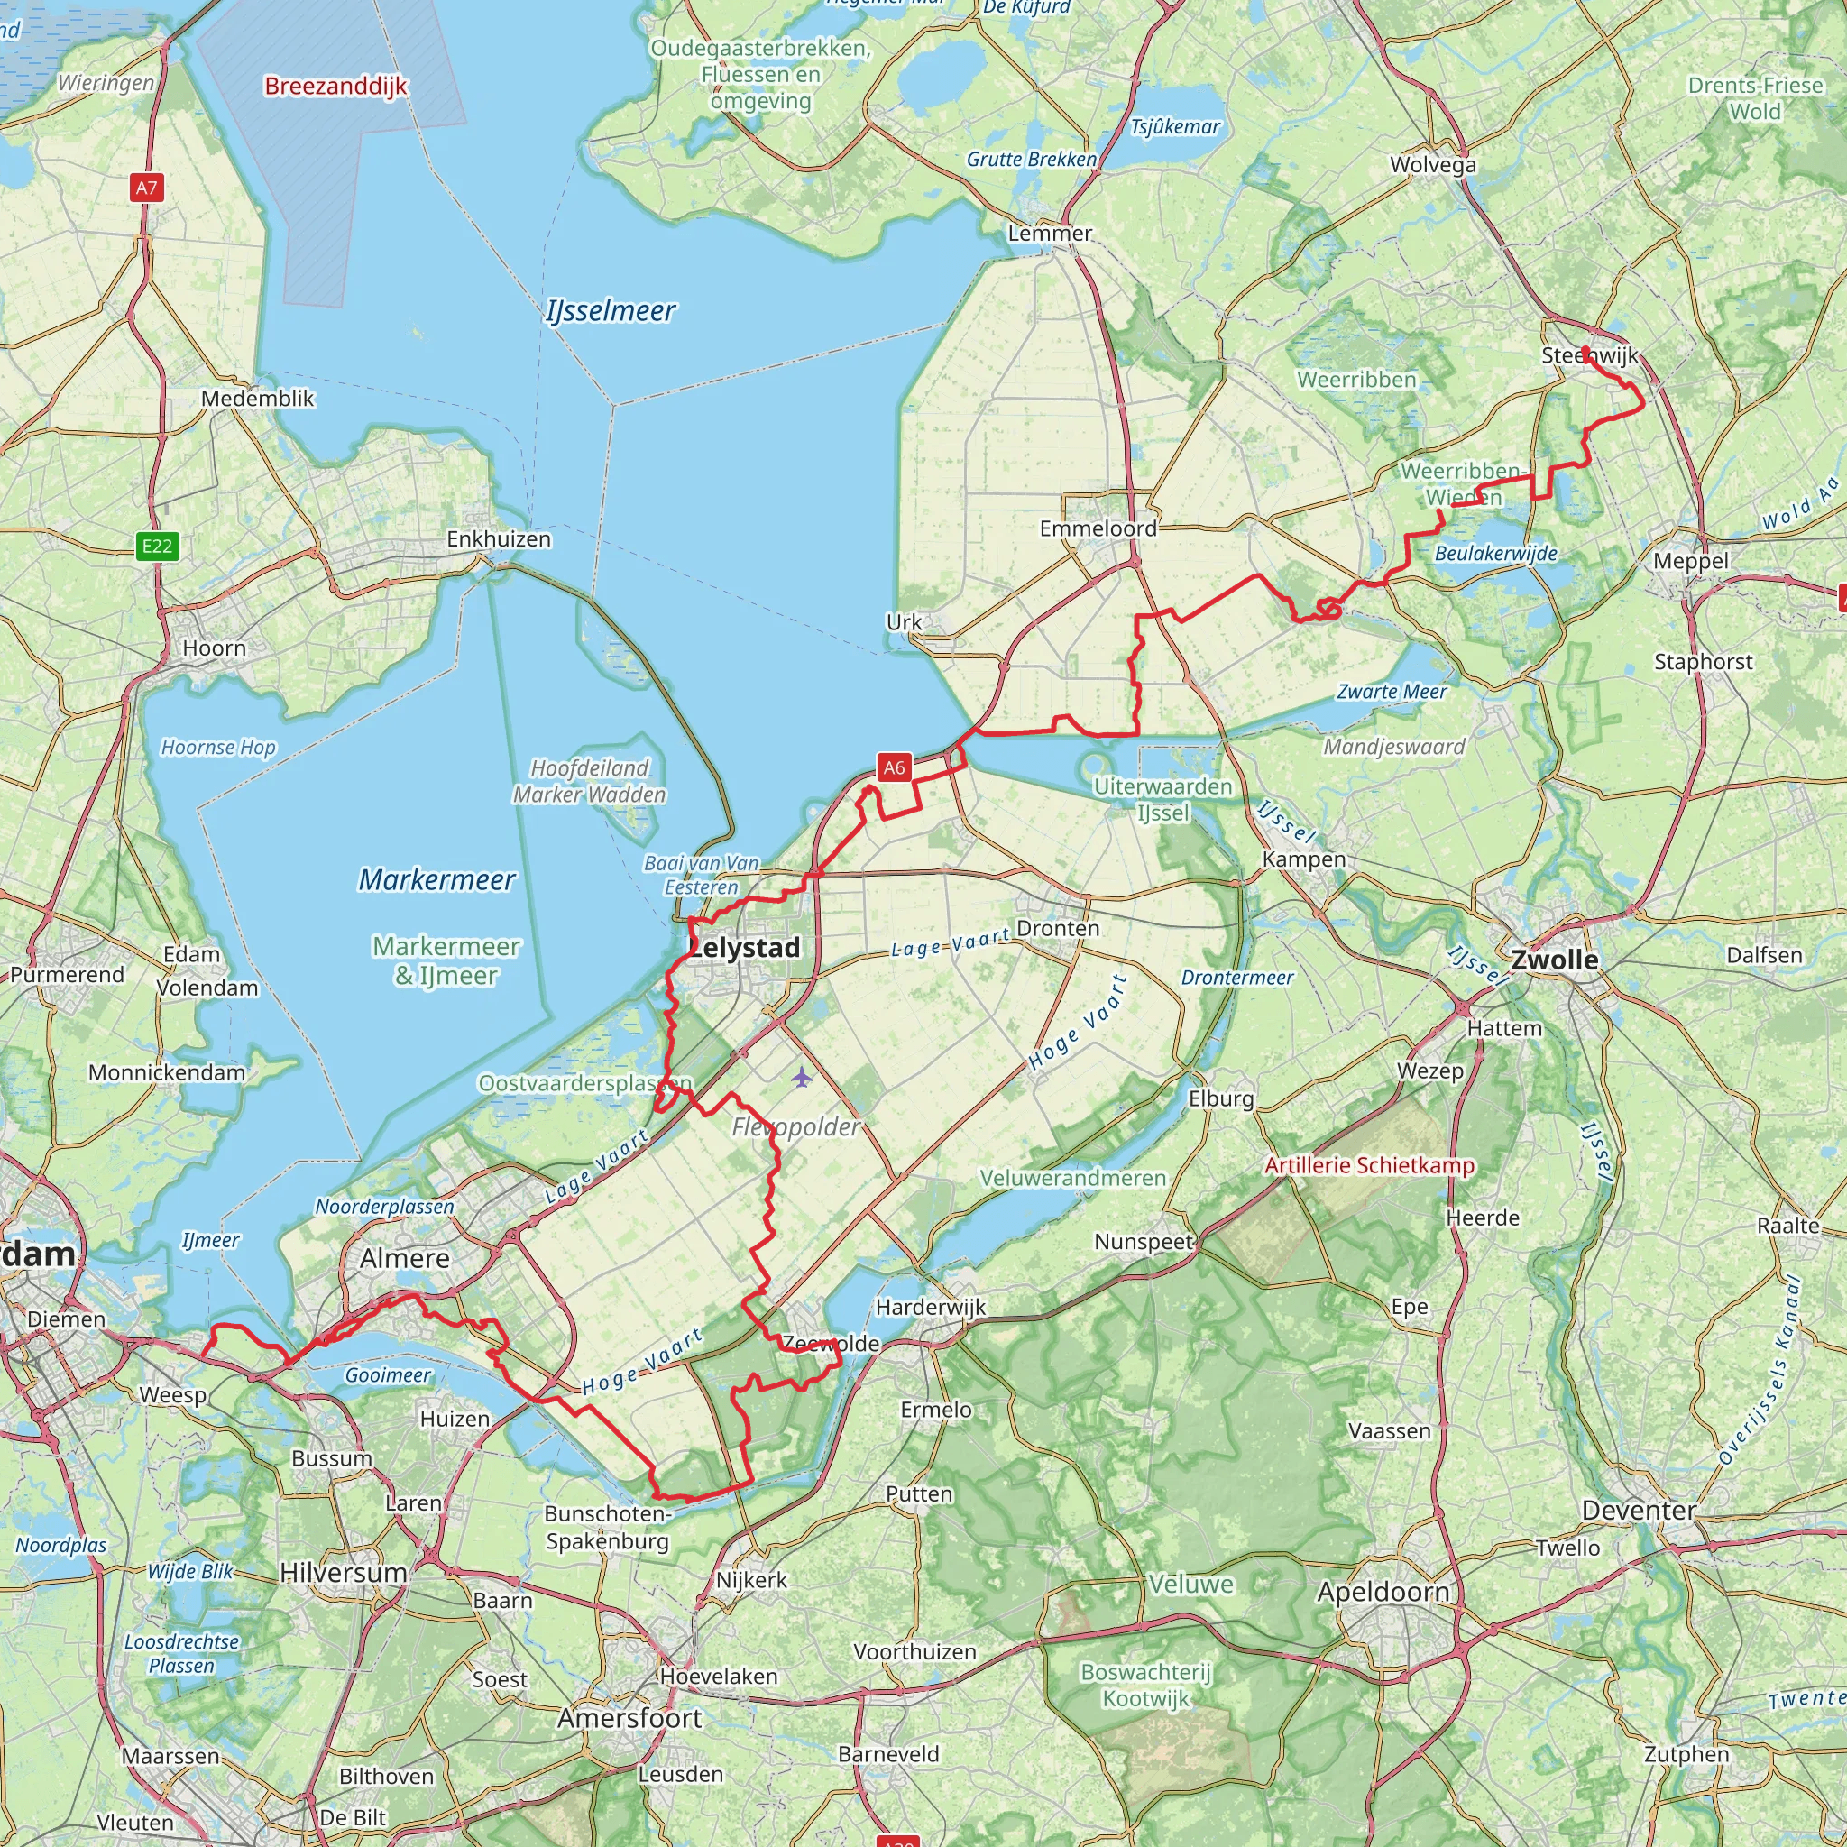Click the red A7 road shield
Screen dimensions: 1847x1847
click(x=146, y=188)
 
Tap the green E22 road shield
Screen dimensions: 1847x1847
click(x=157, y=546)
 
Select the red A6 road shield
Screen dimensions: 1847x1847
click(x=894, y=767)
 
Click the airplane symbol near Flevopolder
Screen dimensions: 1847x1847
click(x=801, y=1078)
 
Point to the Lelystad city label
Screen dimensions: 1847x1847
click(x=745, y=948)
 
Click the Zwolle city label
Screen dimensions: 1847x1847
click(x=1554, y=959)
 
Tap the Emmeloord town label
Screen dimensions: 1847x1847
click(x=1098, y=528)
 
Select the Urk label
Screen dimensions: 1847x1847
click(x=904, y=622)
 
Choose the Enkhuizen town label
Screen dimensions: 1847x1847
click(x=499, y=539)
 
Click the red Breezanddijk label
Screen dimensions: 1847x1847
click(x=335, y=86)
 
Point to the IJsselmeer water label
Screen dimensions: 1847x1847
click(x=611, y=311)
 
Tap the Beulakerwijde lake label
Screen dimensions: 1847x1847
click(x=1496, y=554)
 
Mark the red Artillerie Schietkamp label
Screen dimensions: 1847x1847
click(x=1369, y=1165)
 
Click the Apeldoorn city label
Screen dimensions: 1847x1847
click(x=1383, y=1592)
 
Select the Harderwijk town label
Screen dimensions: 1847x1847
click(x=930, y=1307)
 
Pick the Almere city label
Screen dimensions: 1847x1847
click(x=404, y=1258)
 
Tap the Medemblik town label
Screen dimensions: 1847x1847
click(x=257, y=399)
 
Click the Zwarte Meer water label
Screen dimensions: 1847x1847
click(x=1391, y=691)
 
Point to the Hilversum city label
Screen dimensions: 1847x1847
click(x=344, y=1573)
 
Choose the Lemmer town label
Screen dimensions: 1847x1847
click(x=1050, y=234)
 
